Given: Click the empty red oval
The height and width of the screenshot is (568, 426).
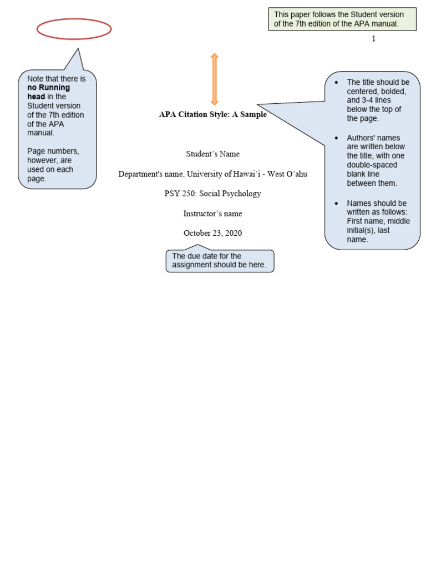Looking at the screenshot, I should coord(74,29).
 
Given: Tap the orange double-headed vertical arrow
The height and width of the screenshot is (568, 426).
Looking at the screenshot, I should coord(214,79).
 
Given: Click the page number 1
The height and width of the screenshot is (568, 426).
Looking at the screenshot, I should coord(373,39).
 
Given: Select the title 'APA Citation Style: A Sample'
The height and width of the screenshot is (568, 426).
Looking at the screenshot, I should coord(212,115).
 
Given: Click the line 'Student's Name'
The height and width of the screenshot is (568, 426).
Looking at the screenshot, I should coord(212,154).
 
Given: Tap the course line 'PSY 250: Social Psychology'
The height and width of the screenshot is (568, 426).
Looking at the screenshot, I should coord(212,194).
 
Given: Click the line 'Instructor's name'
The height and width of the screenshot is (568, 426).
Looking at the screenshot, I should coord(212,214).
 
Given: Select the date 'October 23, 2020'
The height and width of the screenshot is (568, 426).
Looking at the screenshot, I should coord(212,233).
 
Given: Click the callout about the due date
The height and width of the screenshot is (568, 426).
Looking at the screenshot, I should coord(220,261).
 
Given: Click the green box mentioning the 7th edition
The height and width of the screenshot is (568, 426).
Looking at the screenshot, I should coord(342,19).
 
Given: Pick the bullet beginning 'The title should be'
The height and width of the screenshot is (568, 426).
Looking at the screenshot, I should coord(377,100).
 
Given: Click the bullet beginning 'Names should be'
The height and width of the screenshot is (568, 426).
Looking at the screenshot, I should coord(377,221).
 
